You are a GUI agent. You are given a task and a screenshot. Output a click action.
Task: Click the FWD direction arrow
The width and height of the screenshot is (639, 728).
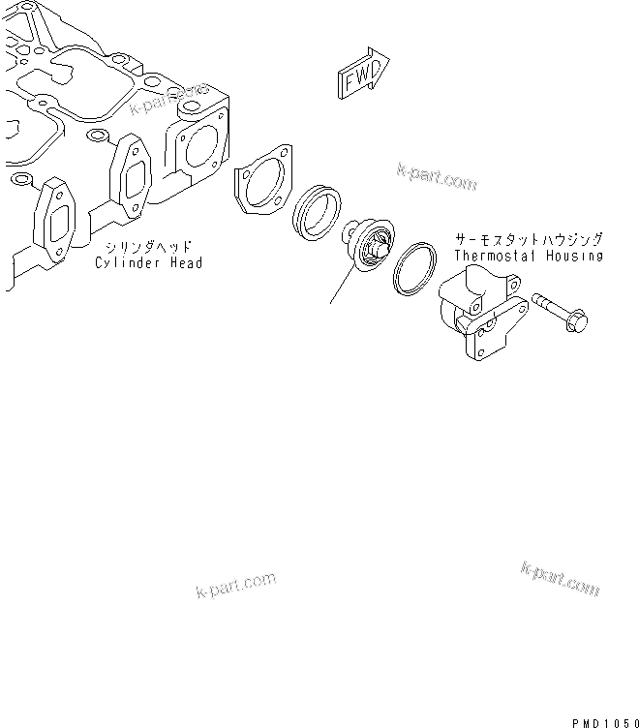point(361,76)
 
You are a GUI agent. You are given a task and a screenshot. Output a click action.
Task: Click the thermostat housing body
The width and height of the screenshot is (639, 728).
point(480,310)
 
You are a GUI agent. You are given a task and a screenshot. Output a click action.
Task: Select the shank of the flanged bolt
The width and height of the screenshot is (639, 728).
point(549,307)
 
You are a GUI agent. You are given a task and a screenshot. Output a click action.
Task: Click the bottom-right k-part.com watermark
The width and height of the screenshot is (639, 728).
point(560,579)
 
